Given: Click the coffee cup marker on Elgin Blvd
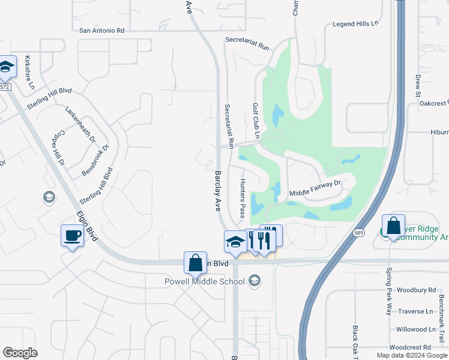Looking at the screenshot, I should click(x=72, y=235).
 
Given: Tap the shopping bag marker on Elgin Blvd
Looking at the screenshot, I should click(x=195, y=262).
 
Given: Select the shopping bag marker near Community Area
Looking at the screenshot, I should click(x=393, y=226).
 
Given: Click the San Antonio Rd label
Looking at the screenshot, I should click(x=101, y=30).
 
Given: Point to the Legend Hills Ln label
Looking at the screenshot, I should click(x=357, y=24).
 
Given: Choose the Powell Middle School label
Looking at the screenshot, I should click(x=206, y=281).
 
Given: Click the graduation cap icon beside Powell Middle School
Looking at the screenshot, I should click(x=255, y=280).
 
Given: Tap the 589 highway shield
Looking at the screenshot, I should click(x=359, y=233).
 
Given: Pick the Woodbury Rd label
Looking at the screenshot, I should click(x=415, y=290).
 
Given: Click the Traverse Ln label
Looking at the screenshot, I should click(x=415, y=311).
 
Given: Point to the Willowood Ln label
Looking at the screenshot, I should click(x=415, y=329).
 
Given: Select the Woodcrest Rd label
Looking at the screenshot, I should click(x=410, y=347).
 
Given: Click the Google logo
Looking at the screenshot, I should click(x=20, y=353).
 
